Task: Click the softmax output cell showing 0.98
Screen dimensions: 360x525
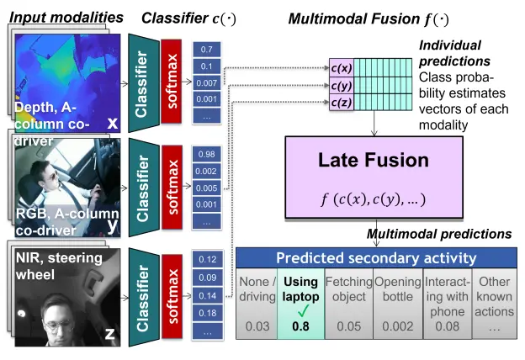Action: (206, 154)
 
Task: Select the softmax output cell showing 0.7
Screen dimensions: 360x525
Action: (206, 50)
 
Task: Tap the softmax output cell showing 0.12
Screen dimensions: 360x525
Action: (206, 259)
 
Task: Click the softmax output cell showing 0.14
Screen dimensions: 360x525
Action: (206, 296)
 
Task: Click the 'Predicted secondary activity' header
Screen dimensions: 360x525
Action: (376, 258)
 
